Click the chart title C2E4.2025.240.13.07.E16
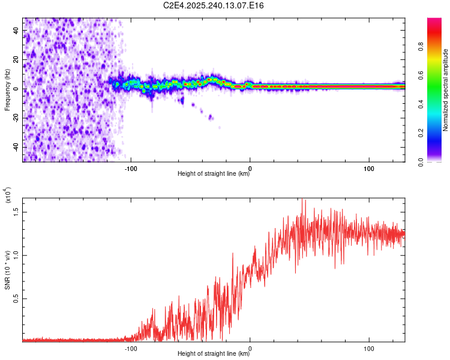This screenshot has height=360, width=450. point(214,5)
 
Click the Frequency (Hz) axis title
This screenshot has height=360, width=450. point(7,90)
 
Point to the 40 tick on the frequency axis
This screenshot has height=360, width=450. point(16,30)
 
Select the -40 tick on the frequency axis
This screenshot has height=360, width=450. point(16,146)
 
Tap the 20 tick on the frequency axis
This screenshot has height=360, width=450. point(16,59)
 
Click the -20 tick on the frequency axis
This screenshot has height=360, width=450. point(16,118)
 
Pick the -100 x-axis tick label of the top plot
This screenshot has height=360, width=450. point(131,167)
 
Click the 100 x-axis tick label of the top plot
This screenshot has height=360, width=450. point(369,167)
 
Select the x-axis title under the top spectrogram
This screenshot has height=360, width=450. point(214,174)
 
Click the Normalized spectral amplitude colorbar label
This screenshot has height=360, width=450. point(445,90)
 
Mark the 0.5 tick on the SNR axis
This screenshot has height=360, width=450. point(16,298)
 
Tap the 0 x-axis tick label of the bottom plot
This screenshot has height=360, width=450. point(250,347)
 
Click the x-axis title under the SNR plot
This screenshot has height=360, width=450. point(214,354)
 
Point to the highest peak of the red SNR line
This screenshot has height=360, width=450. point(305,200)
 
